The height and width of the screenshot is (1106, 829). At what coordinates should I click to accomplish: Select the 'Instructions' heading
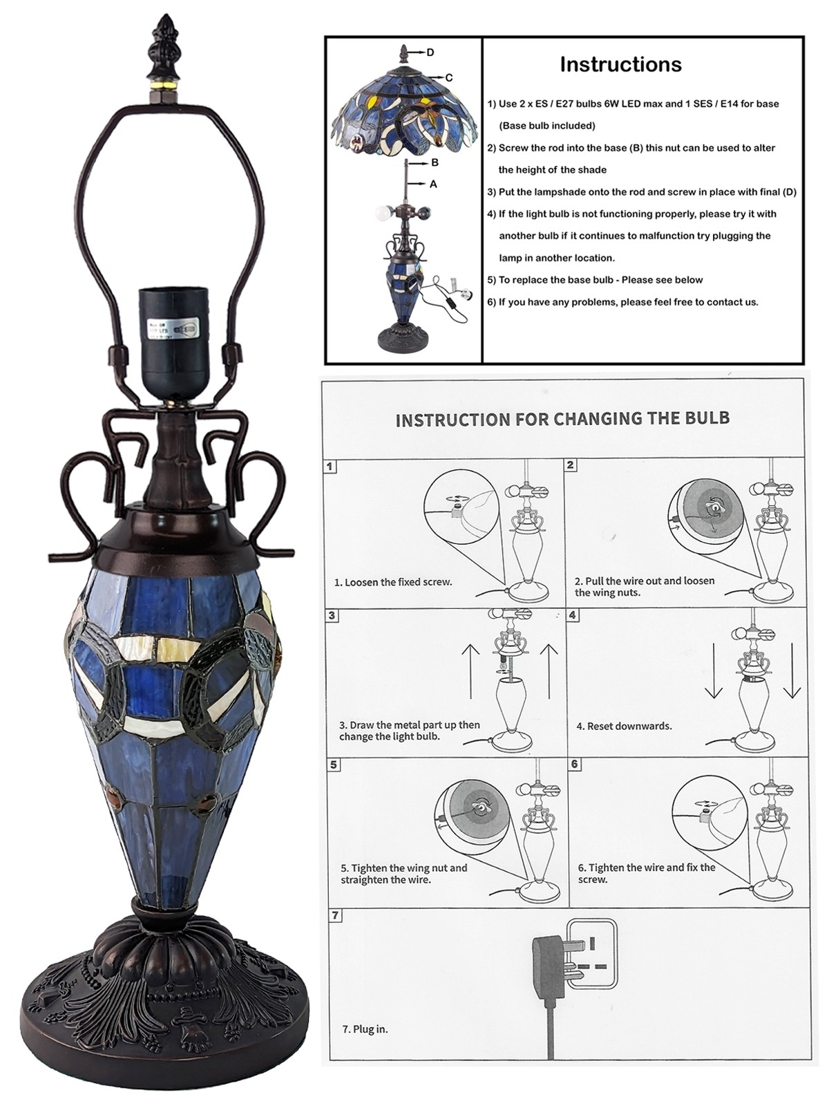tap(620, 64)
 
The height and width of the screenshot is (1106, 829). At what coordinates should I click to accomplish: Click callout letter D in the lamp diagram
tap(430, 53)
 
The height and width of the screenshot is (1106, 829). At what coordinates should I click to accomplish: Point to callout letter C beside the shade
tap(449, 77)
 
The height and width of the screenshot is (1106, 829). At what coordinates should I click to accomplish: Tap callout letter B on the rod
tap(435, 162)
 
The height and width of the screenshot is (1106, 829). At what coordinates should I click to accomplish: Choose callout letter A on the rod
tap(433, 185)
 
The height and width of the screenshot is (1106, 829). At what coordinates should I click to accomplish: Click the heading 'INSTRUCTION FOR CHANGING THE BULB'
tap(563, 419)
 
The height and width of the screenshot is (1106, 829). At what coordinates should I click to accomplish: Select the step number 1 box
tap(330, 466)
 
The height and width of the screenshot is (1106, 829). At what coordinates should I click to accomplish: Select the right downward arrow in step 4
tap(792, 671)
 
